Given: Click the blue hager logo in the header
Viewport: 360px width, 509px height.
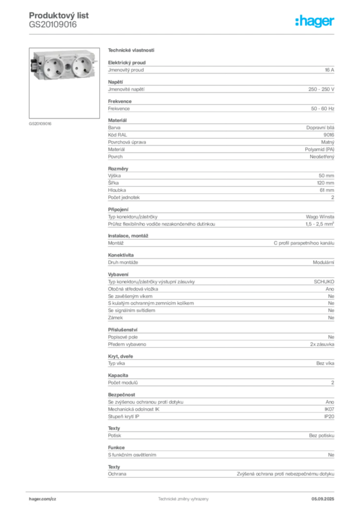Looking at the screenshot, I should (x=315, y=21).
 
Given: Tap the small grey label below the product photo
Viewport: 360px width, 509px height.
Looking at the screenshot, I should (x=40, y=123).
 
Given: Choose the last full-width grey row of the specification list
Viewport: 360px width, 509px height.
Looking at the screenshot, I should (x=220, y=476).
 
